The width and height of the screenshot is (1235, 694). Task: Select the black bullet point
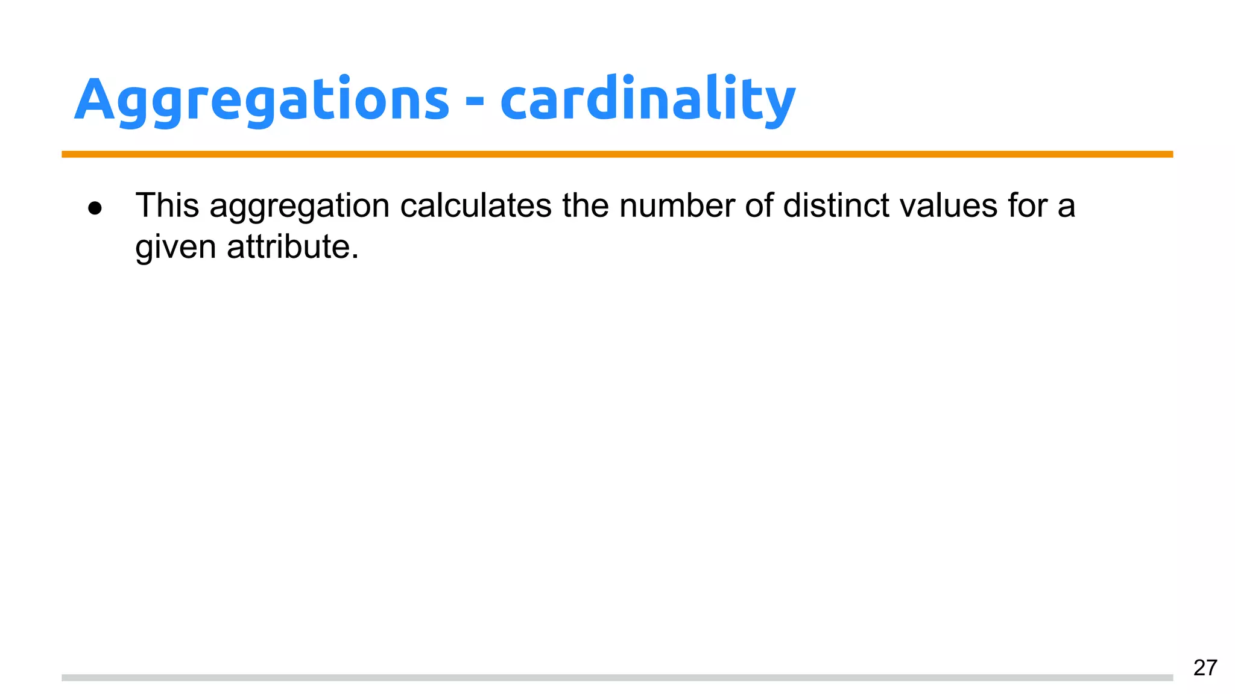[x=95, y=208]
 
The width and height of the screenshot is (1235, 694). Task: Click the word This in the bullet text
[x=167, y=205]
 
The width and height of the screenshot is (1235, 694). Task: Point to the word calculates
[x=476, y=205]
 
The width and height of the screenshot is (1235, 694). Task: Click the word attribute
[x=288, y=246]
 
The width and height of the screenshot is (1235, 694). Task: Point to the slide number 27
[x=1205, y=667]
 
